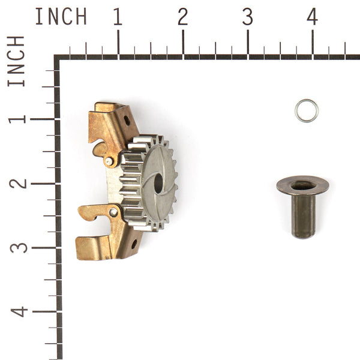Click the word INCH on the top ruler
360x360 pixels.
click(x=61, y=17)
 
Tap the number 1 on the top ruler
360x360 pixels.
click(x=118, y=17)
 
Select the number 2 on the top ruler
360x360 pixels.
click(x=182, y=17)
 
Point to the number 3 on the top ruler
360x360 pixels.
click(x=247, y=17)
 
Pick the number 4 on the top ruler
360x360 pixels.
click(x=312, y=17)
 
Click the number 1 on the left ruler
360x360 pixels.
click(x=18, y=118)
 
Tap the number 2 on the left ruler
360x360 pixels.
click(x=18, y=183)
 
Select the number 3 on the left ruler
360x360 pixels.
click(x=18, y=247)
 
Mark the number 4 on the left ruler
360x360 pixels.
click(x=18, y=312)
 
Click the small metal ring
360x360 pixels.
click(x=306, y=110)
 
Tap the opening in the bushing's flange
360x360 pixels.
click(x=302, y=185)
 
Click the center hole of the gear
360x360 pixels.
click(x=158, y=183)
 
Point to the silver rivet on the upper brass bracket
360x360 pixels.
click(x=108, y=161)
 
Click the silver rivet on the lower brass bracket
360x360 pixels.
click(x=113, y=212)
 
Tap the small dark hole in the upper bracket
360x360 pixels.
click(x=127, y=120)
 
